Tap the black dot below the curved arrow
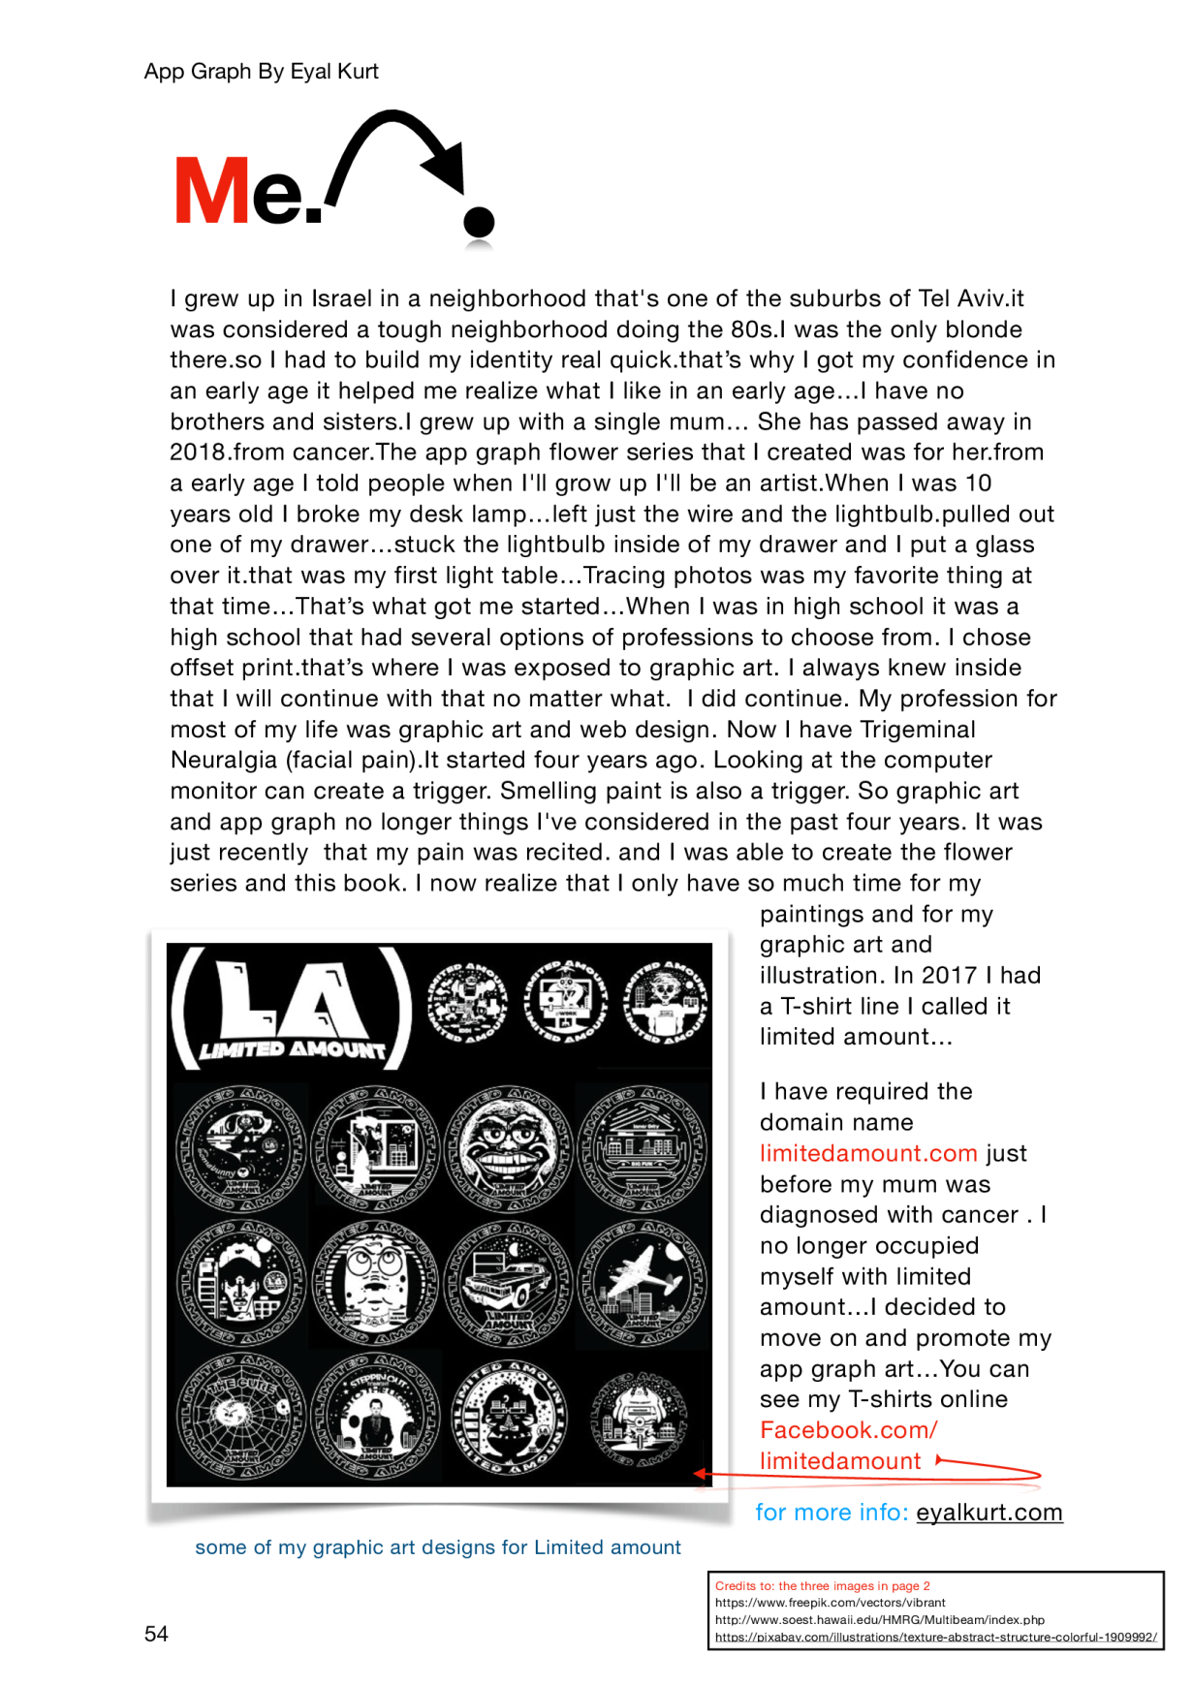pyautogui.click(x=479, y=222)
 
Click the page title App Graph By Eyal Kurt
pyautogui.click(x=261, y=72)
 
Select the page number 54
pyautogui.click(x=156, y=1634)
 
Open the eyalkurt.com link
pyautogui.click(x=988, y=1513)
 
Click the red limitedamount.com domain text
pyautogui.click(x=868, y=1153)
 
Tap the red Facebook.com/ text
pyautogui.click(x=849, y=1430)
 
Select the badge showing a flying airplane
pyautogui.click(x=643, y=1284)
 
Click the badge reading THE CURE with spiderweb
pyautogui.click(x=241, y=1416)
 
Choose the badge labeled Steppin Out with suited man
pyautogui.click(x=375, y=1416)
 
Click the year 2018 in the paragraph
pyautogui.click(x=198, y=453)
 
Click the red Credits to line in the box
pyautogui.click(x=822, y=1586)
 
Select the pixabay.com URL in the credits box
pyautogui.click(x=935, y=1637)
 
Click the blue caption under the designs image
pyautogui.click(x=438, y=1547)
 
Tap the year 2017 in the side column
pyautogui.click(x=949, y=976)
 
